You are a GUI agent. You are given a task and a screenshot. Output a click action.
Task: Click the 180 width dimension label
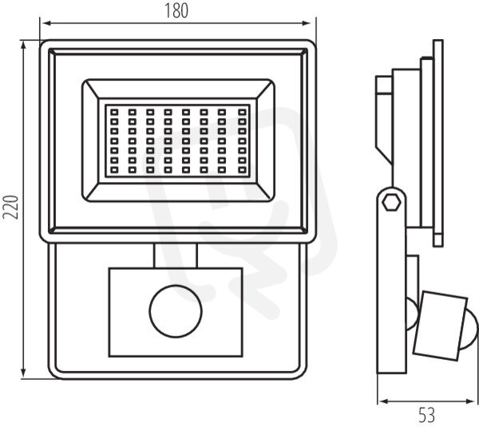tap(176, 10)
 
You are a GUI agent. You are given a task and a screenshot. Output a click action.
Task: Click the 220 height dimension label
tap(10, 207)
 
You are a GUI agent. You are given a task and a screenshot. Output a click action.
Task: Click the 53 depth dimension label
tap(426, 415)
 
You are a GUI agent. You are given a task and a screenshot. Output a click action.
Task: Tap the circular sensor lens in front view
tap(176, 311)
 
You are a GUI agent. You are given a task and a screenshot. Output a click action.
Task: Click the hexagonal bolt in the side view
tap(392, 202)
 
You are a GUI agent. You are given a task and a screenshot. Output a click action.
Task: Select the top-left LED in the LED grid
tap(114, 112)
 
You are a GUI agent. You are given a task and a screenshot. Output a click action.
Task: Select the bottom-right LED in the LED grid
tap(242, 170)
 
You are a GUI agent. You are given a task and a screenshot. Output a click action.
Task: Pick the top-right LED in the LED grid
tap(242, 112)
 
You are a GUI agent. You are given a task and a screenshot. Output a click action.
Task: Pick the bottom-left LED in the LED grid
tap(114, 170)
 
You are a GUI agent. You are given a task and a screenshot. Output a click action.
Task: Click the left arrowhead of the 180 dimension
tap(45, 23)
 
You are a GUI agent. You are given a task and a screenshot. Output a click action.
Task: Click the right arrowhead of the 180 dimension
tap(307, 23)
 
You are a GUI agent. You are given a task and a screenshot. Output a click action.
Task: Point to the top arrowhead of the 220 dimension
tap(23, 46)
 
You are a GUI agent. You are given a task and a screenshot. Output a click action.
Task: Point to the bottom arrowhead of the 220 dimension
tap(23, 373)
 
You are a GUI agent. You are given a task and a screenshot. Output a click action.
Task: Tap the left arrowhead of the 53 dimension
tap(383, 401)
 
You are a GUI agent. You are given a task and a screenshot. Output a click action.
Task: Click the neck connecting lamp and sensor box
tap(176, 256)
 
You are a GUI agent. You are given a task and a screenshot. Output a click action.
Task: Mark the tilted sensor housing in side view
tap(441, 326)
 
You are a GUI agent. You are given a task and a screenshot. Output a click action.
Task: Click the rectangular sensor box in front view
tap(176, 312)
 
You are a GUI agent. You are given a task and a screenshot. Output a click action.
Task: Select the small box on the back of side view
tap(384, 85)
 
